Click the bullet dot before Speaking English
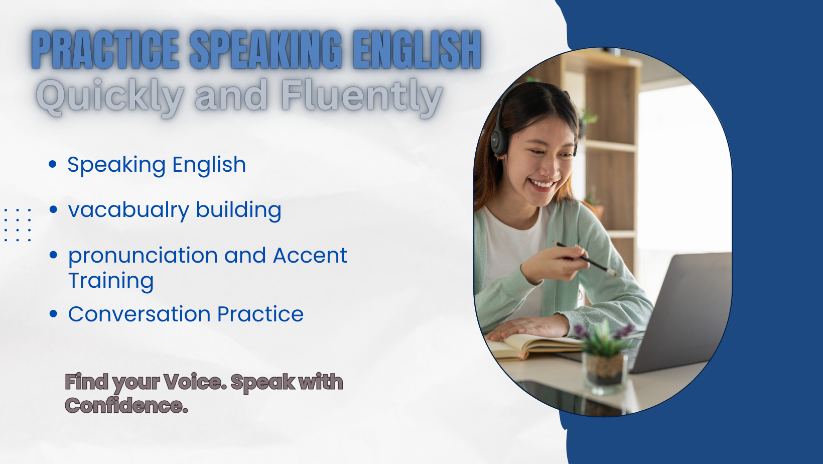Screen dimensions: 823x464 [53, 164]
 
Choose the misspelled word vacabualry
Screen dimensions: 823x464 [128, 210]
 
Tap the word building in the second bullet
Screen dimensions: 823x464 [238, 210]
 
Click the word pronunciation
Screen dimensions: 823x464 [143, 256]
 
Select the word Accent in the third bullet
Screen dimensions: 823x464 [310, 255]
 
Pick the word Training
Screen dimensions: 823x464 [111, 281]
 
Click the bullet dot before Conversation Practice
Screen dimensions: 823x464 [53, 314]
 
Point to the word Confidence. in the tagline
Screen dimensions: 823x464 [126, 405]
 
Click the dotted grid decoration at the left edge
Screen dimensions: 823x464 [17, 224]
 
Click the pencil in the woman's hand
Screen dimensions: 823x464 [585, 259]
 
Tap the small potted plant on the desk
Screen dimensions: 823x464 [605, 357]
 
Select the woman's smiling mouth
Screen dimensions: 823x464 [541, 184]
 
